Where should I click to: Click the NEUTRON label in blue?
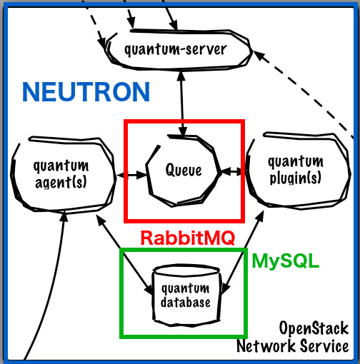coord(86,92)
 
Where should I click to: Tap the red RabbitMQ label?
coord(188,238)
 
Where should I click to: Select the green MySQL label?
coord(285,261)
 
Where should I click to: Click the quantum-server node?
coord(178,49)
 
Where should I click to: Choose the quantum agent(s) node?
coord(62,174)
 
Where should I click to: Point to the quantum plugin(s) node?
coord(298,171)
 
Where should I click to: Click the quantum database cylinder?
coord(186,295)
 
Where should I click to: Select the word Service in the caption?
coord(324,345)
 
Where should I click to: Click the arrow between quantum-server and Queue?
coord(182,103)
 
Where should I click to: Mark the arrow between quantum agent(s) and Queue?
coord(131,175)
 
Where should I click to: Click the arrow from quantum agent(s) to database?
coord(124,254)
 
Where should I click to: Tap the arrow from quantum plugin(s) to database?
coord(244,252)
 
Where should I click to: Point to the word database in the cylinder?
coord(186,302)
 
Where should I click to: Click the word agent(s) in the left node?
coord(61,183)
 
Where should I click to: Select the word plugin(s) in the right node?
coord(295,178)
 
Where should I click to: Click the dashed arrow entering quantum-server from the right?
coord(302,93)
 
